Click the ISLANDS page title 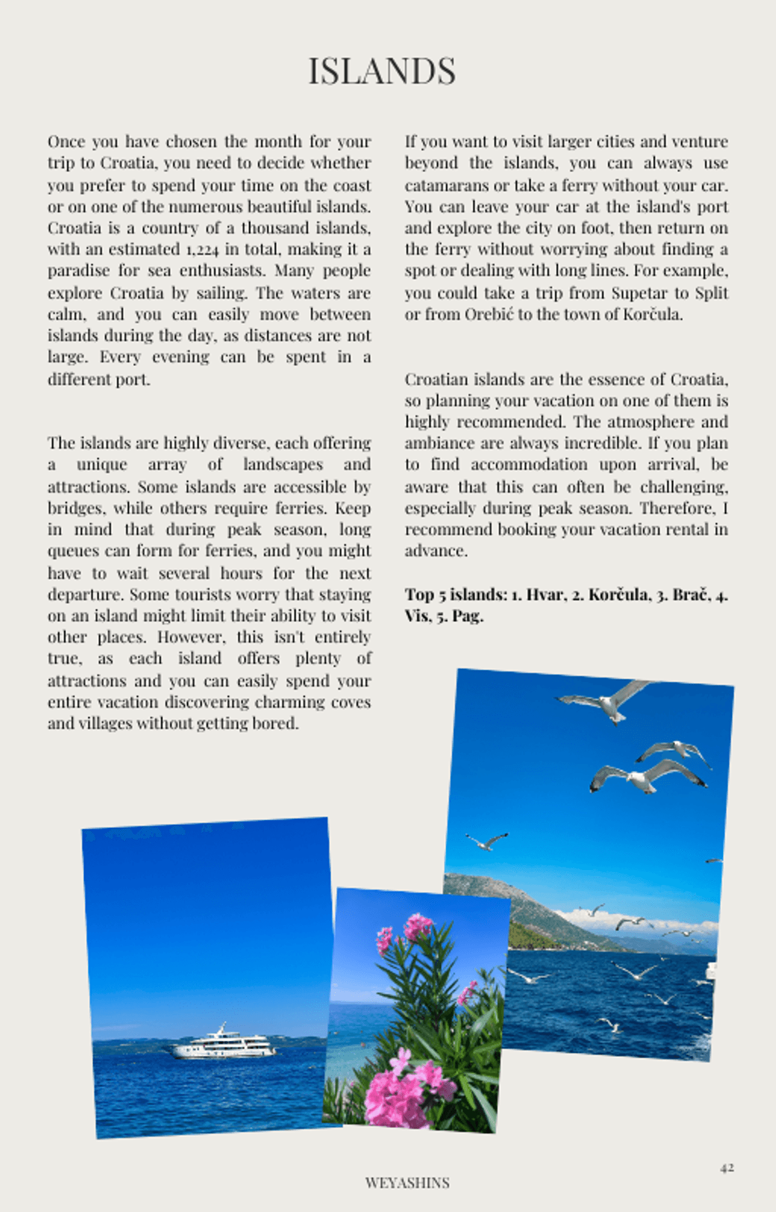tap(382, 70)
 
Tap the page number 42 tap(727, 1167)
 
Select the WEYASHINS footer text tap(407, 1182)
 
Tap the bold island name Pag tap(467, 616)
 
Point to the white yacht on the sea tap(223, 1042)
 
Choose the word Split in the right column tap(711, 293)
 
